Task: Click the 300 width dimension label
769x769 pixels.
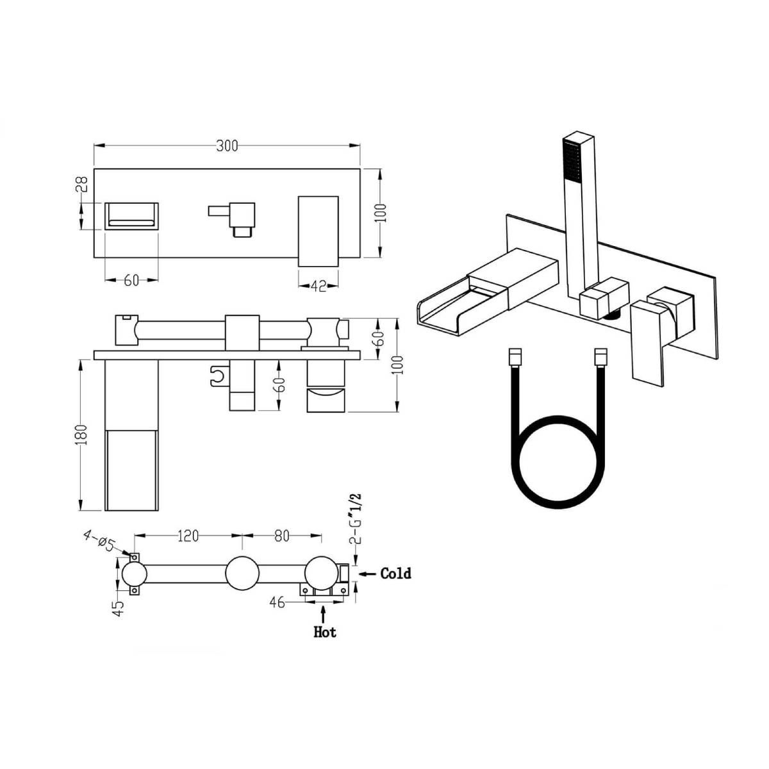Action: [x=227, y=146]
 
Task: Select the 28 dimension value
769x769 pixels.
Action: [x=81, y=185]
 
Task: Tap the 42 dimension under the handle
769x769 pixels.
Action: [x=318, y=286]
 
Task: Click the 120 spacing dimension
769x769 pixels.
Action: [x=188, y=536]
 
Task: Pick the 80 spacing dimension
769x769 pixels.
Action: [x=282, y=536]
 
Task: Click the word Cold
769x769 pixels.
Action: [x=395, y=574]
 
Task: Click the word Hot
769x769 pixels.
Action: [x=325, y=632]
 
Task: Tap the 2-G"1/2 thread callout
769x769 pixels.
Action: [x=356, y=519]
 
